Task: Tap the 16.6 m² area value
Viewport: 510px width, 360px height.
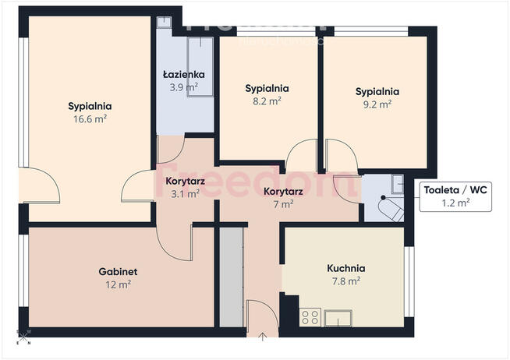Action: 90,119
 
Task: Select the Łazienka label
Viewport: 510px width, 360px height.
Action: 183,75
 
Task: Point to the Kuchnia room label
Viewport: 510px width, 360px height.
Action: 346,268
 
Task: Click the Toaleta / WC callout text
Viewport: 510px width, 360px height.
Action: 455,189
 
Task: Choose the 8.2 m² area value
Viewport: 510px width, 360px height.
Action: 267,101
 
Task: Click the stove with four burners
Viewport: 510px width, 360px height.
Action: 310,317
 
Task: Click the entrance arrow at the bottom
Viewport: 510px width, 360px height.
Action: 263,337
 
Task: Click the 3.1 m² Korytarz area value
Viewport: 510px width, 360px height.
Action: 184,194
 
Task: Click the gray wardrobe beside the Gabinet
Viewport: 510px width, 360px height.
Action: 232,277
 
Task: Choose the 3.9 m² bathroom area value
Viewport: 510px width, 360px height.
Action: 183,87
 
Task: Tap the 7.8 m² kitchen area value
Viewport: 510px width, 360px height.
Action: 346,281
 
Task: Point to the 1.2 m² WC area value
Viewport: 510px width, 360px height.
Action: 455,203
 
